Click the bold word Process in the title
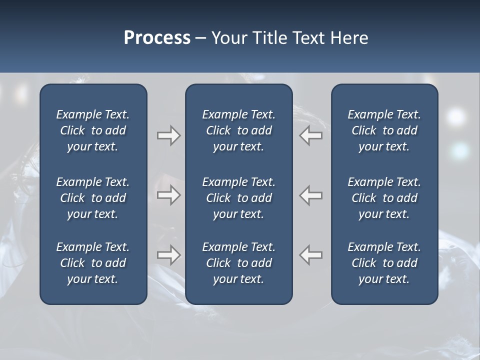tap(157, 38)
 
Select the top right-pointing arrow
tap(168, 135)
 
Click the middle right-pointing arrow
tap(168, 195)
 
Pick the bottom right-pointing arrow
tap(168, 255)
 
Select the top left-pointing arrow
tap(311, 135)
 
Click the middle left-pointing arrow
tap(311, 195)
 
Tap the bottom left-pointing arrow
tap(311, 255)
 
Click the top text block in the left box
tap(93, 130)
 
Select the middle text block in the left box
tap(93, 198)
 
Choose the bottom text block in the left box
tap(93, 263)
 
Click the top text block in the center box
tap(238, 130)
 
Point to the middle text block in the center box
tap(238, 198)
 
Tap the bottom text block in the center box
tap(238, 263)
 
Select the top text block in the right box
tap(384, 130)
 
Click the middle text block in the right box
tap(384, 198)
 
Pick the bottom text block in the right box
tap(384, 263)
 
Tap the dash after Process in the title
tap(200, 38)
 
